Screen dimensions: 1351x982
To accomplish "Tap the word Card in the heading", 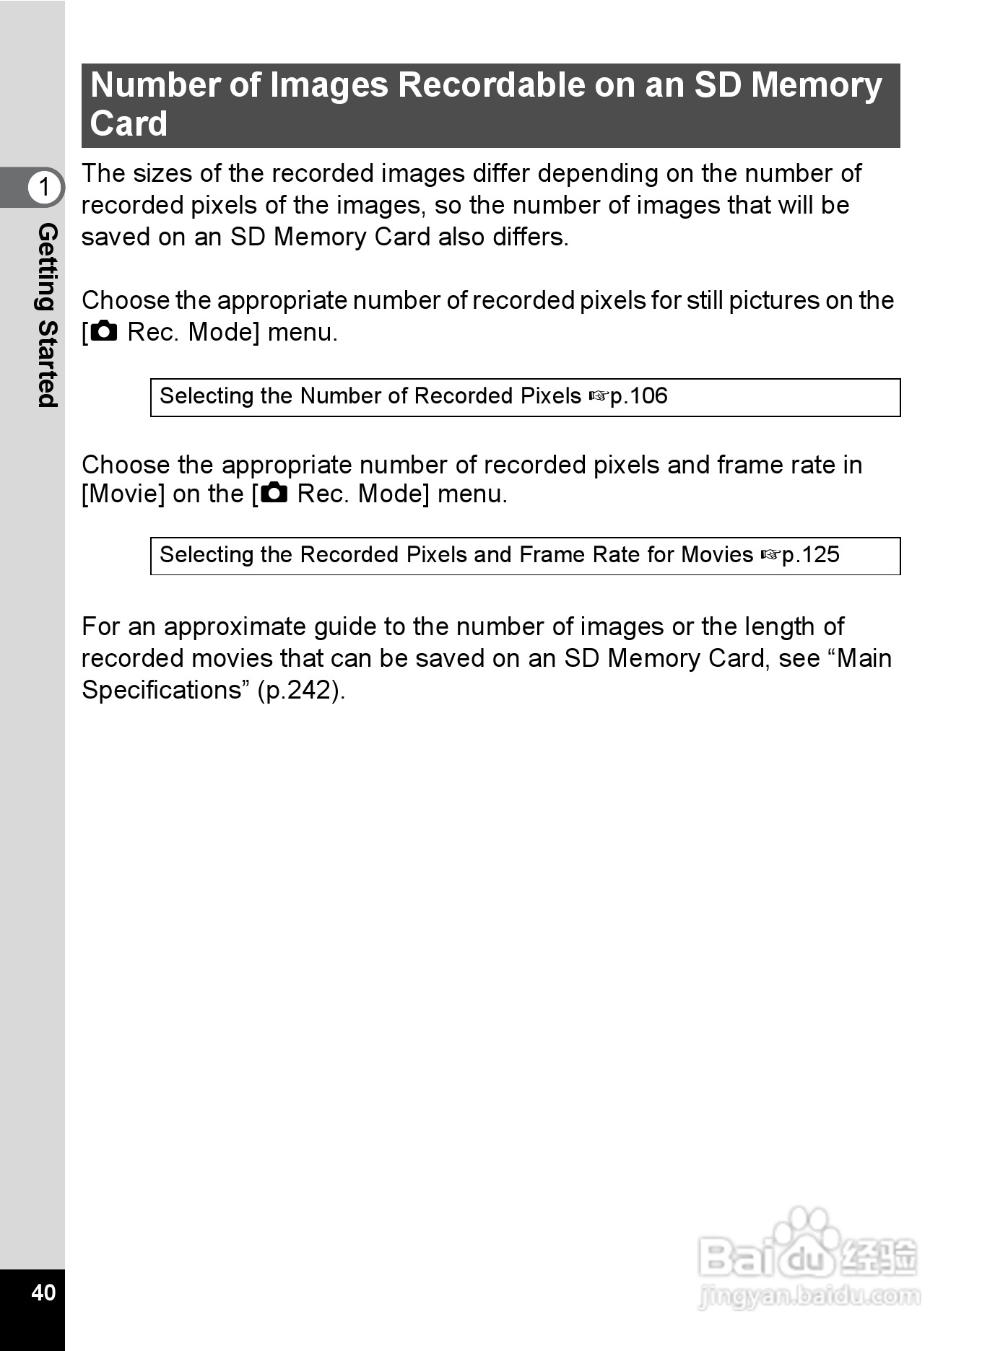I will (x=129, y=123).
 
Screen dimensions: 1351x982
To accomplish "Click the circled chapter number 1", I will (x=44, y=187).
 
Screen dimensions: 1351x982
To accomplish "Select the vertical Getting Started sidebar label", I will (x=46, y=315).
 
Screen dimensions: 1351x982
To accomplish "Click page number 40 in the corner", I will (x=43, y=1291).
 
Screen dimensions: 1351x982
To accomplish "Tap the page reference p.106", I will (x=638, y=396).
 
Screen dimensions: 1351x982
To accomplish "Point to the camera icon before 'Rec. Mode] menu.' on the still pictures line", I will (x=104, y=331).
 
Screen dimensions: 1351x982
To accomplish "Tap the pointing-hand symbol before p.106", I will (x=599, y=396).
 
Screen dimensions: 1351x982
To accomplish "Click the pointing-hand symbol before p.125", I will (x=770, y=555).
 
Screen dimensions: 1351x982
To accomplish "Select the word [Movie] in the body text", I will (x=123, y=494).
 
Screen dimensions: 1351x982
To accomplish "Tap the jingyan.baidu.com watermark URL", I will (x=809, y=1296).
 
